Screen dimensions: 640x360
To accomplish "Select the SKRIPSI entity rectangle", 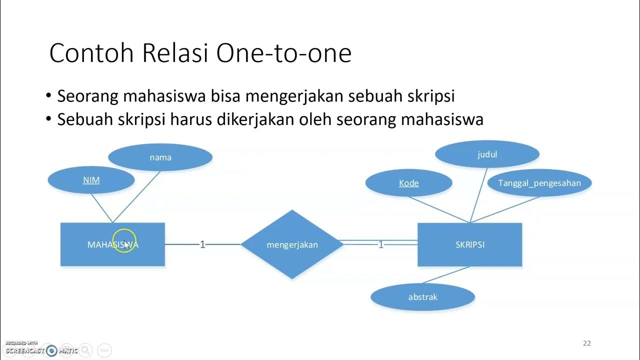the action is (x=469, y=244).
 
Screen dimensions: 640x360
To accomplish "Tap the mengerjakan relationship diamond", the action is (x=292, y=244).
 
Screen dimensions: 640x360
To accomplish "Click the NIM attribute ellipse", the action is (x=91, y=180).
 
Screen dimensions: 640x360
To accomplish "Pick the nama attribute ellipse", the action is (x=160, y=157).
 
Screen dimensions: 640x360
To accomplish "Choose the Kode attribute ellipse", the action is (x=408, y=183).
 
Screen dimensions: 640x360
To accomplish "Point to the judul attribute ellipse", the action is (x=487, y=154).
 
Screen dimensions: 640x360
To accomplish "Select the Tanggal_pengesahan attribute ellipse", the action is (x=539, y=183).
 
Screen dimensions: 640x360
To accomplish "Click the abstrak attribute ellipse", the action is (x=422, y=297).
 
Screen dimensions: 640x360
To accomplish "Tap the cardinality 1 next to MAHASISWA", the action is (x=202, y=244).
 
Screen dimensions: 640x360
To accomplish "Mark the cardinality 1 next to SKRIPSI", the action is (x=381, y=244).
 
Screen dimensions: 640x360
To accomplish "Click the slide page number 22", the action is (x=587, y=343).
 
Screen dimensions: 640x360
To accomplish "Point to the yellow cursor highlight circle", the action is (x=124, y=240).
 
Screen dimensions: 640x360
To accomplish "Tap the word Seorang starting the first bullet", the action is (x=88, y=96).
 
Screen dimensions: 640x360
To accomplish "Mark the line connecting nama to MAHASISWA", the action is (x=136, y=196).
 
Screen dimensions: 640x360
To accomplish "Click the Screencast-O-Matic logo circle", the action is (x=51, y=350).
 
